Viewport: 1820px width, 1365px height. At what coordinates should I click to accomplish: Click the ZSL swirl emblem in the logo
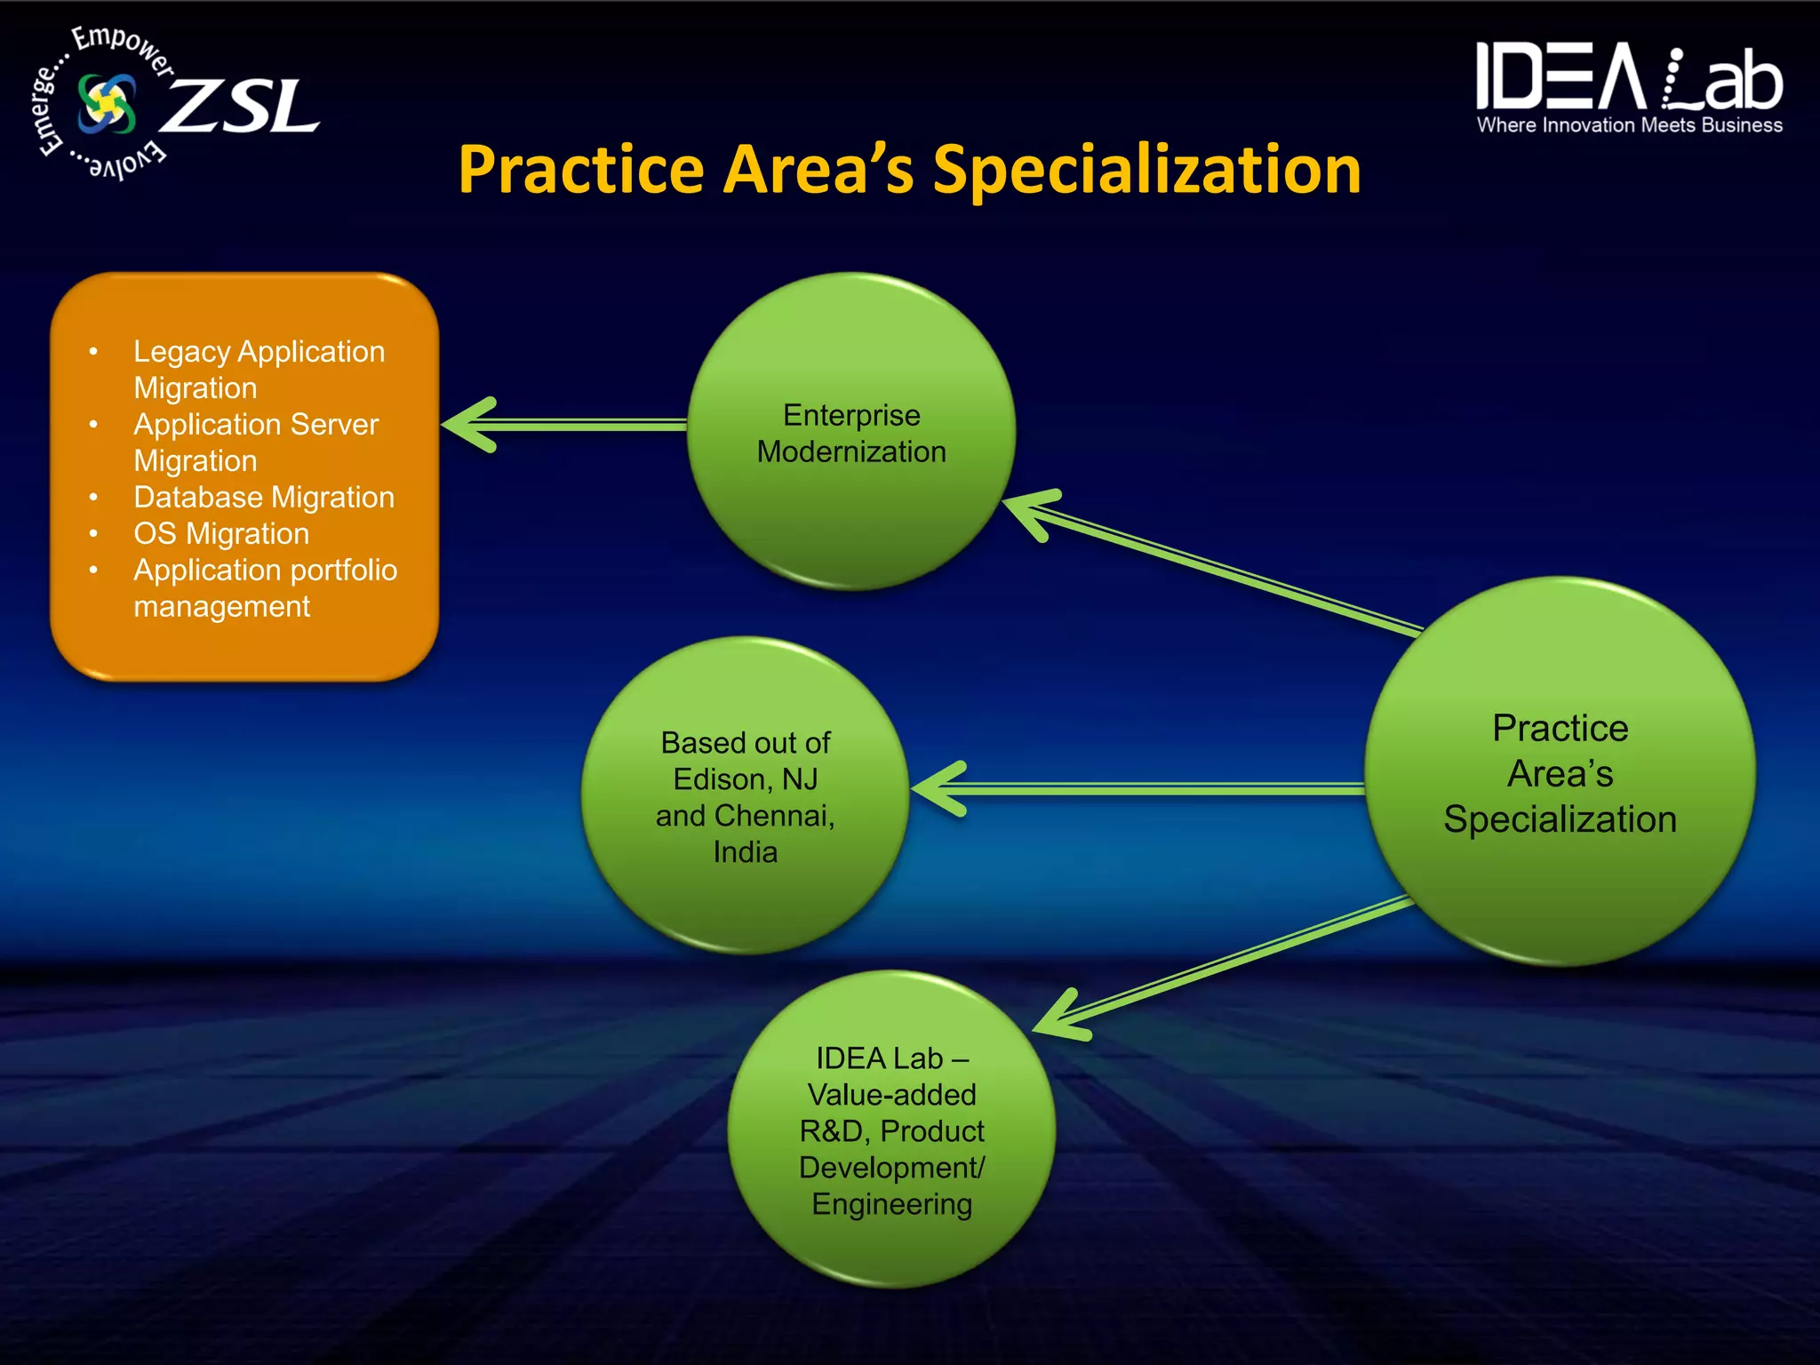point(108,103)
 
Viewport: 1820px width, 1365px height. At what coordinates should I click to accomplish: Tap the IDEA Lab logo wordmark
point(1629,78)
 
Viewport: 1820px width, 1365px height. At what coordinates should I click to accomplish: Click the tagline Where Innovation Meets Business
point(1629,125)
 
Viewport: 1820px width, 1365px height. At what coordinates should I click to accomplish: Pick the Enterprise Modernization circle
point(851,432)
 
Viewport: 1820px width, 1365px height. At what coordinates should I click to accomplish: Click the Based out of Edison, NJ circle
point(745,796)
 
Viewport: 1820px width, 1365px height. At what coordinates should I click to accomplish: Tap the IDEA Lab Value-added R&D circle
point(891,1130)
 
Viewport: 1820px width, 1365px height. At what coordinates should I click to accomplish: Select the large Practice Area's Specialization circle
point(1560,772)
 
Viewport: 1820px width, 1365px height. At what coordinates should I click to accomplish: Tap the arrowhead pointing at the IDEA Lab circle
point(1062,1018)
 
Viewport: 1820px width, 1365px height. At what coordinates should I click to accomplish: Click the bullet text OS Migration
point(221,533)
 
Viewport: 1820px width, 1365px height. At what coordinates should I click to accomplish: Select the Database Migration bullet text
point(264,497)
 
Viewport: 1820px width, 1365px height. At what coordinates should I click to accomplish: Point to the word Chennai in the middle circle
point(771,816)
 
